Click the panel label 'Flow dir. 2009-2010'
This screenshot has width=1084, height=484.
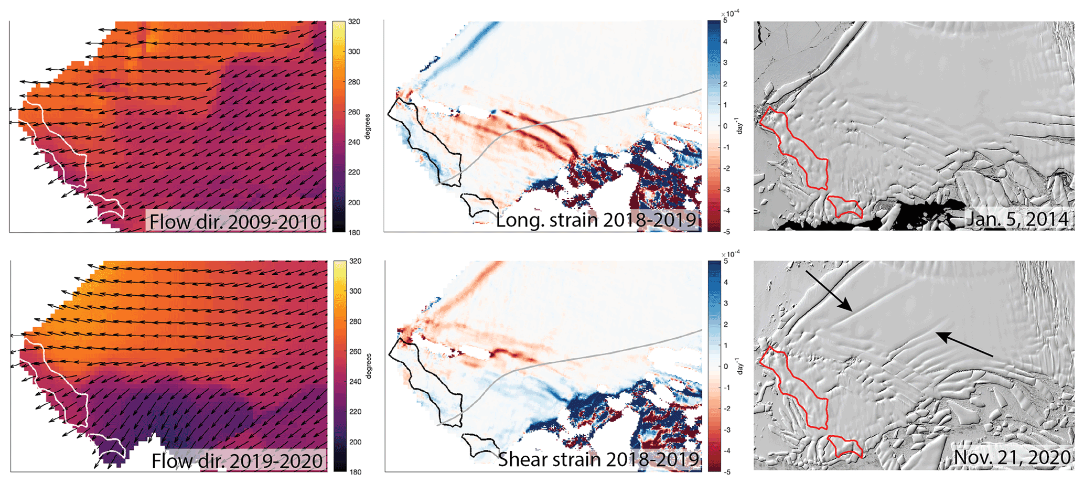(235, 221)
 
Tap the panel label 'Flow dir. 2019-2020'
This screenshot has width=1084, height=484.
(237, 461)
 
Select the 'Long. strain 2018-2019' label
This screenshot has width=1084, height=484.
(596, 220)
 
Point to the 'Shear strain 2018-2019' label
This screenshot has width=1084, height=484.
(598, 459)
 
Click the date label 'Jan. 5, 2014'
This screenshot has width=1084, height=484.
(1017, 219)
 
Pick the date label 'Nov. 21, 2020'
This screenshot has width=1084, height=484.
(1012, 457)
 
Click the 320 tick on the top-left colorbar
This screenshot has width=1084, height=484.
(354, 22)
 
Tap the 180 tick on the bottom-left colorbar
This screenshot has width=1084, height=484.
(355, 472)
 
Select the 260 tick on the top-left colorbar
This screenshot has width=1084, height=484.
(354, 112)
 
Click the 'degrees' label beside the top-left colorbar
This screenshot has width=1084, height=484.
(368, 126)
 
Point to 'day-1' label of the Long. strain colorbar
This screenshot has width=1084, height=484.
(740, 126)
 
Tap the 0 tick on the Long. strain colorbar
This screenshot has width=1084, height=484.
(725, 126)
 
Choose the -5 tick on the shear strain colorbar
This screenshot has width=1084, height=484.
(726, 472)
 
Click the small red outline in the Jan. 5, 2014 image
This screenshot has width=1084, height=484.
(844, 207)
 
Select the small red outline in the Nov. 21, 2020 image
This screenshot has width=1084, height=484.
(844, 446)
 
